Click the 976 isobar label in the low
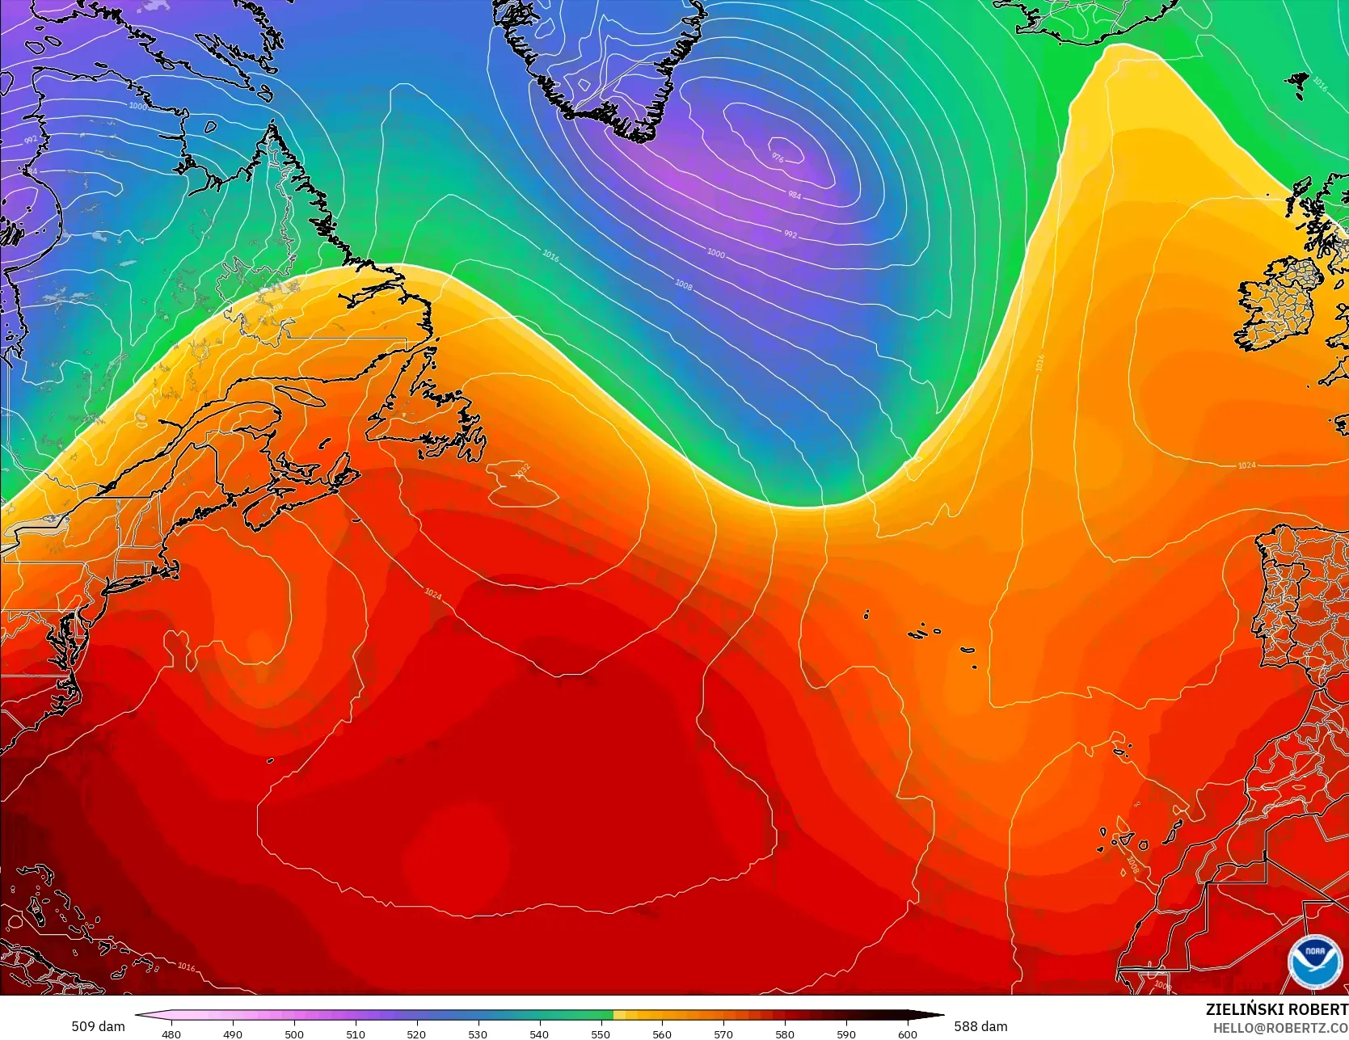(x=778, y=158)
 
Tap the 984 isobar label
(x=795, y=195)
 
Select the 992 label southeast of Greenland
(x=790, y=234)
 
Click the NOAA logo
(x=1309, y=962)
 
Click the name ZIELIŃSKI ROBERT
(x=1276, y=1009)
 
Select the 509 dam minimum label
(x=98, y=1026)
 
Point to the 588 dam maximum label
(x=980, y=1026)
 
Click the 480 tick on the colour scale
(x=171, y=1034)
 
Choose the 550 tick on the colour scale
(x=601, y=1034)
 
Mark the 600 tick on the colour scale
(x=907, y=1034)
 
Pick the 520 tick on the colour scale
(x=416, y=1034)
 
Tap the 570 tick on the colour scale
(x=723, y=1034)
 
